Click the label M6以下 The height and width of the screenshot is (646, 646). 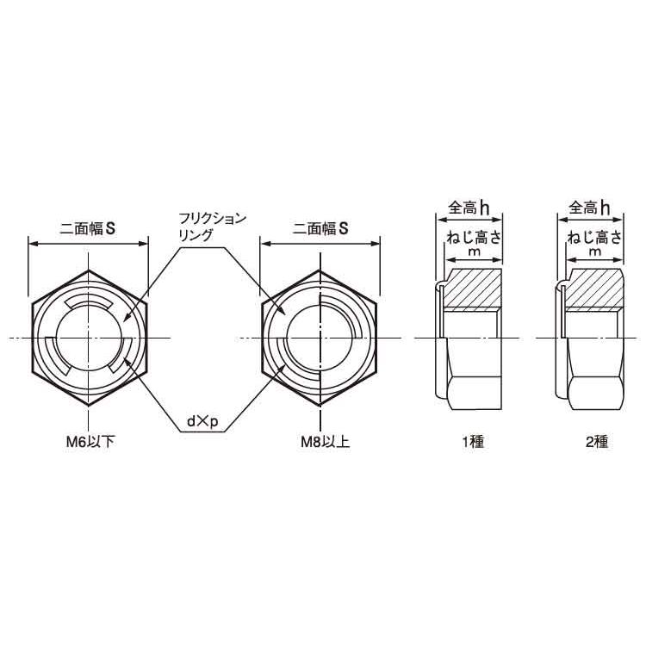90,442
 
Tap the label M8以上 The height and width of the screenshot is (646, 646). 325,442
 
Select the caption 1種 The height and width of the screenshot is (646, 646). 473,442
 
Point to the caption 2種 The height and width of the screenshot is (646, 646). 597,442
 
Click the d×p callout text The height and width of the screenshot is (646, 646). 202,421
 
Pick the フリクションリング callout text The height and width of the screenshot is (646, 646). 212,227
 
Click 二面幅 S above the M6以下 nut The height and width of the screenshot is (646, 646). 87,228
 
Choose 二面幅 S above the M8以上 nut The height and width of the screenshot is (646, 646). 320,228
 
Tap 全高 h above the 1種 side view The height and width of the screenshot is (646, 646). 469,208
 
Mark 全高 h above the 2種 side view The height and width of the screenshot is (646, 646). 589,208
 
